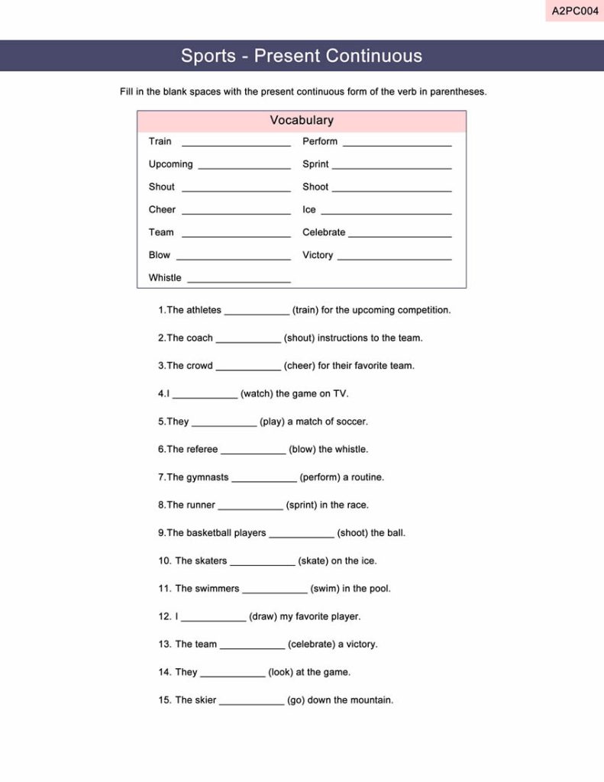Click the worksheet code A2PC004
point(575,11)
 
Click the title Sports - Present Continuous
point(302,56)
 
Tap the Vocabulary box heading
point(302,121)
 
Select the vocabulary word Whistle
point(165,278)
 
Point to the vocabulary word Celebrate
point(324,232)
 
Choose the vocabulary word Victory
point(318,255)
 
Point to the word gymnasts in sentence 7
point(208,477)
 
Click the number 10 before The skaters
point(165,561)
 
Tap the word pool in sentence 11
point(380,589)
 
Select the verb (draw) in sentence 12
point(263,616)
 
